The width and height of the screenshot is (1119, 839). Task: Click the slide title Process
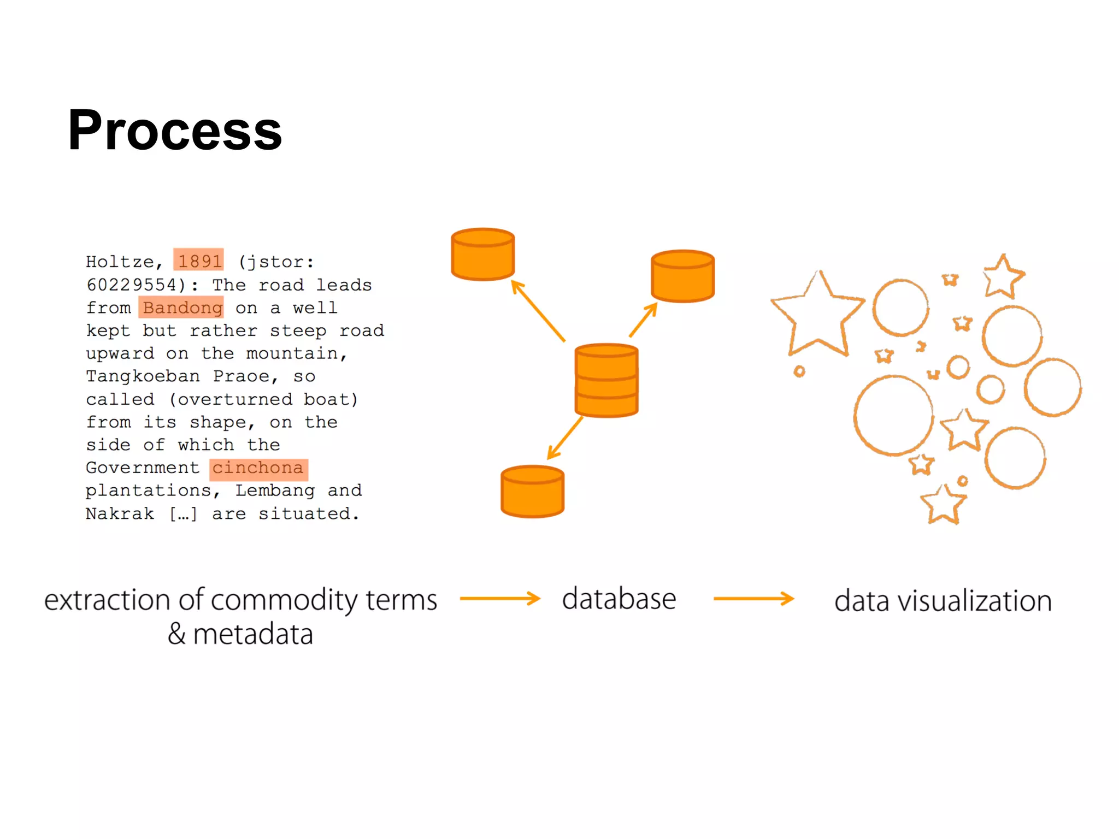click(174, 131)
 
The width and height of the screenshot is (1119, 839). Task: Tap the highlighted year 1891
click(199, 261)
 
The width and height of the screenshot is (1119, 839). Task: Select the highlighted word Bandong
click(181, 308)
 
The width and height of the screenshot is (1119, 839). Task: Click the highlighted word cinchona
click(258, 468)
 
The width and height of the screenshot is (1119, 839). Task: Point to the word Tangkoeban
click(143, 376)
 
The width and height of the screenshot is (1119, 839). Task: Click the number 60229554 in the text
click(131, 285)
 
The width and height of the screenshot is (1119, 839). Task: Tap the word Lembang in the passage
click(275, 491)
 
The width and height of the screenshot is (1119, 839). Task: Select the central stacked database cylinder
click(606, 381)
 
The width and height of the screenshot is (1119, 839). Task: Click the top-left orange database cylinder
click(482, 255)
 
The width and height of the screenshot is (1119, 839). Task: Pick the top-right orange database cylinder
click(682, 276)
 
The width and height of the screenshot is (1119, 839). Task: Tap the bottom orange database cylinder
click(532, 492)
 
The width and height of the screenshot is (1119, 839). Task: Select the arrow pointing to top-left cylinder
click(538, 311)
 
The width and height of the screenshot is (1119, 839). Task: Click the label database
click(619, 599)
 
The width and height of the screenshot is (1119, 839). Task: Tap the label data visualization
click(943, 601)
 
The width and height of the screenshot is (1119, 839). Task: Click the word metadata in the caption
click(253, 634)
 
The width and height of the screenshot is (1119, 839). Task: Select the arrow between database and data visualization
click(753, 599)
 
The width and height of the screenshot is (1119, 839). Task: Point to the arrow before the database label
click(500, 599)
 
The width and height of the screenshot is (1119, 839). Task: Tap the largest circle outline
click(893, 416)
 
